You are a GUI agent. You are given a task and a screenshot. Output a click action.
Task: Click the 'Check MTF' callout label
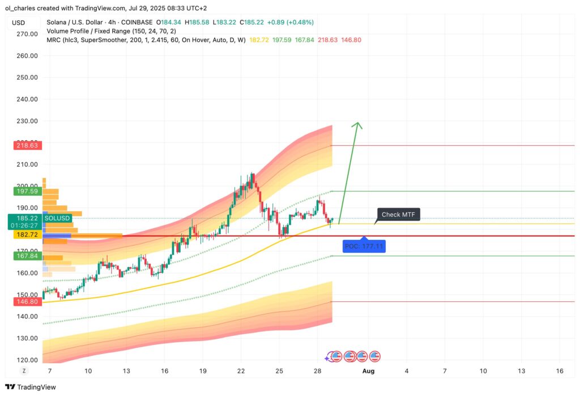click(x=398, y=214)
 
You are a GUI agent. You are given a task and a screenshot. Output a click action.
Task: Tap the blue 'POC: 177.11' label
click(x=364, y=246)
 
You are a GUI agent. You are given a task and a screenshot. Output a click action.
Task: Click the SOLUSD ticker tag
click(x=57, y=218)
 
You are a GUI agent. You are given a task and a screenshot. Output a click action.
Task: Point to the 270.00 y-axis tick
click(x=27, y=34)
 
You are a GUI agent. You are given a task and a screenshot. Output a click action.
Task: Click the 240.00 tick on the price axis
click(x=27, y=99)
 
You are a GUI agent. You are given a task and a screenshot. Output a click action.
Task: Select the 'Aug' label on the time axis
click(x=368, y=371)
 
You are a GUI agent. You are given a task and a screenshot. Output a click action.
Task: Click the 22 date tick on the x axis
click(x=241, y=371)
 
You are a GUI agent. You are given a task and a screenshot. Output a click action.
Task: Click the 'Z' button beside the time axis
click(x=24, y=370)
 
